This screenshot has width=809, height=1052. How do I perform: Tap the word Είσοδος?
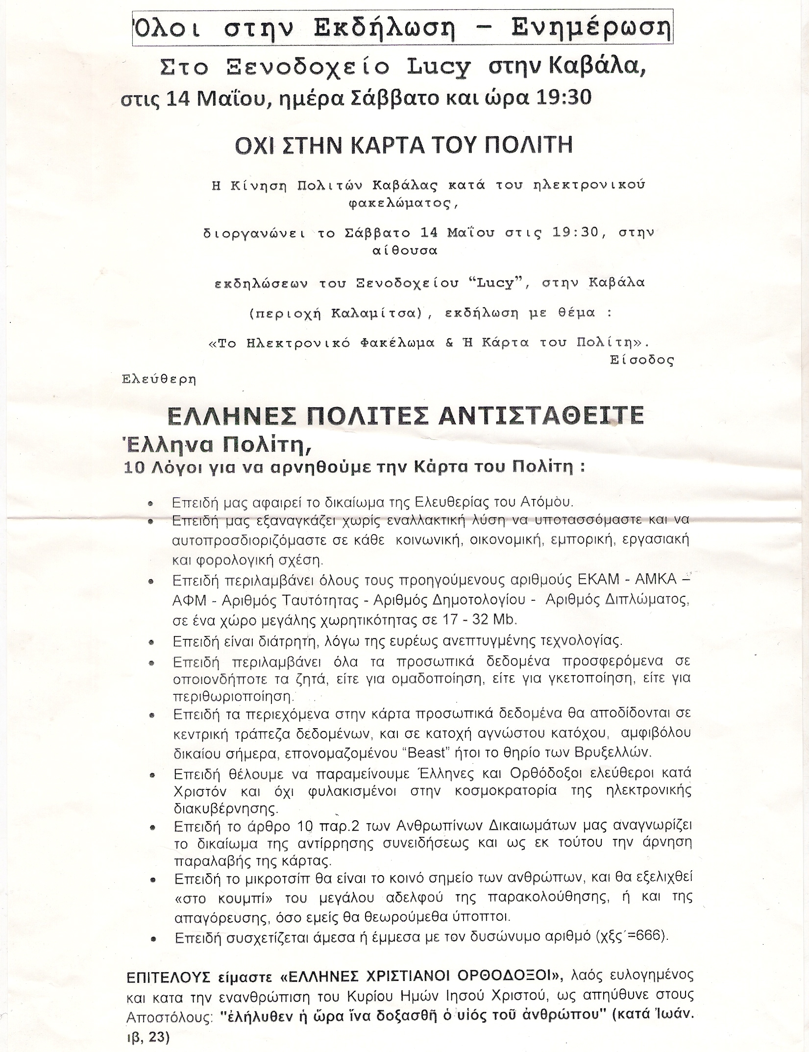pyautogui.click(x=642, y=361)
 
